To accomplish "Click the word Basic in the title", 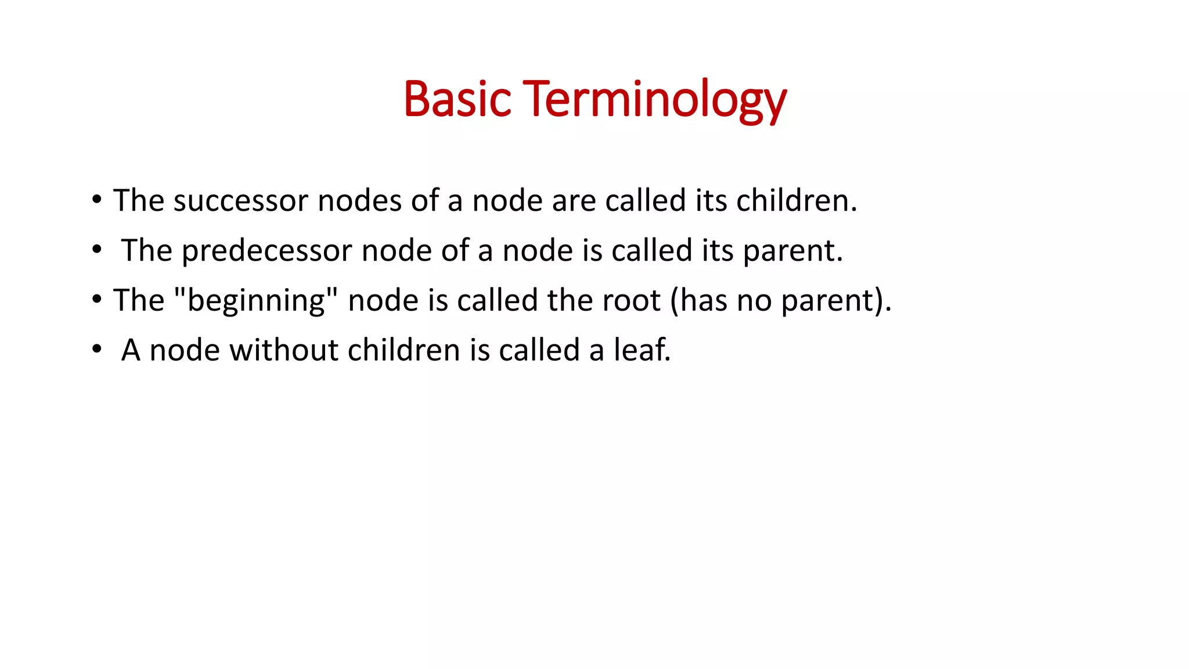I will coord(457,99).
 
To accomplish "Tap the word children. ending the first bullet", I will coord(797,200).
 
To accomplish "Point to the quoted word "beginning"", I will coord(256,301).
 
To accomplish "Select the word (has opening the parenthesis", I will coord(698,301).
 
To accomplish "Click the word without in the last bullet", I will coord(284,350).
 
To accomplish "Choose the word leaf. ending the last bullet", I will coord(642,350).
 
